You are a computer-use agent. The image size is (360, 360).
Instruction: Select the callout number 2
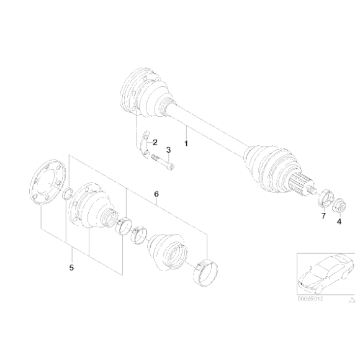[156, 142]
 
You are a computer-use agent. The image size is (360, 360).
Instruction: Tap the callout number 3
[168, 150]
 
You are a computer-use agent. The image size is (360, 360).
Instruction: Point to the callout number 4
[339, 221]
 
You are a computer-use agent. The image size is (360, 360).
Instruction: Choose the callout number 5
[71, 268]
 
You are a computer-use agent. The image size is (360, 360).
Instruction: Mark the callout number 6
[156, 194]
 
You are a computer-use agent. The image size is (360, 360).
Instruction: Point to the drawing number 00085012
[310, 298]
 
